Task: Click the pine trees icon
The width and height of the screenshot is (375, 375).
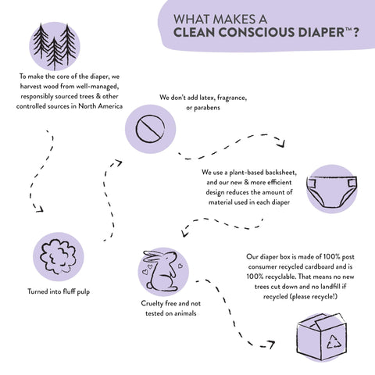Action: tap(55, 47)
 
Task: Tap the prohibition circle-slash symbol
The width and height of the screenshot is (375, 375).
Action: tap(150, 129)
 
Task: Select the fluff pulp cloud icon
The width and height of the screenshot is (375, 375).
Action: tap(59, 256)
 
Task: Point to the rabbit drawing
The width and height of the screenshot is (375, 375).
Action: tap(162, 271)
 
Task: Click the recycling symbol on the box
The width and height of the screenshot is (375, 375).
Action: tap(334, 342)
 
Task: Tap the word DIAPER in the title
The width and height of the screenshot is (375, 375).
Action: tap(321, 32)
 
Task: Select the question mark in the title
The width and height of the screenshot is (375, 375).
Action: tap(355, 32)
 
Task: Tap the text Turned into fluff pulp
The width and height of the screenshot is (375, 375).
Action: tap(59, 291)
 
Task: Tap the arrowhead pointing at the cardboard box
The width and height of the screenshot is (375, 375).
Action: tap(270, 344)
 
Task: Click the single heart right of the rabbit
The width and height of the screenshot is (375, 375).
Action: tap(180, 266)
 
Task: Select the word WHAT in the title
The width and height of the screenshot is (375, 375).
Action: tap(191, 20)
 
